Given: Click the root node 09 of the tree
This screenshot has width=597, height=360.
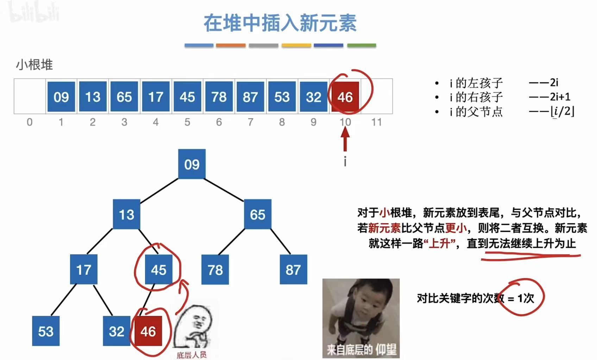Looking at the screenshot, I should click(x=192, y=164).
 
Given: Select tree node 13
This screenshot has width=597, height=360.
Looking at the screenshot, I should click(x=126, y=214).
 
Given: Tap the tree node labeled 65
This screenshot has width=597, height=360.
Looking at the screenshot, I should click(x=258, y=214).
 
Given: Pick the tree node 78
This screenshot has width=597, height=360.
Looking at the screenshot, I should click(x=215, y=270).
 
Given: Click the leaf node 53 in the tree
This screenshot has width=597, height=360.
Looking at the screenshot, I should click(x=46, y=331).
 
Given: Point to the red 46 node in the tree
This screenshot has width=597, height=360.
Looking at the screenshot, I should click(x=148, y=331).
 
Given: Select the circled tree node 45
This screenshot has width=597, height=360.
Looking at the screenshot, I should click(x=158, y=270).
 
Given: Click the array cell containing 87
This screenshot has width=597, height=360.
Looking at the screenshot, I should click(x=250, y=97).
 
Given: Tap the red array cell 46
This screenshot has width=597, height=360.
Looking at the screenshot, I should click(x=345, y=97).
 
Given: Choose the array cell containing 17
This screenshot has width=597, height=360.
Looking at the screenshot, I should click(x=156, y=97).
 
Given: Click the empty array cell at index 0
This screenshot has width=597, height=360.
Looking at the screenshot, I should click(x=30, y=96).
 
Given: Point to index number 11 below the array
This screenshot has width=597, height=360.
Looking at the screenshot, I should click(x=377, y=122).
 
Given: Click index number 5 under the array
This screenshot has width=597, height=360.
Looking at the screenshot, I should click(x=187, y=122).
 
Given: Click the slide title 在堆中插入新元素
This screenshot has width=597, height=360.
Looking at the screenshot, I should click(x=280, y=23).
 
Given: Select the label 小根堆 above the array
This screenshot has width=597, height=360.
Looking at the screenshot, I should click(x=34, y=65).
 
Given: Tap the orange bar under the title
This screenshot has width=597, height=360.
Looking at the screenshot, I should click(x=231, y=45).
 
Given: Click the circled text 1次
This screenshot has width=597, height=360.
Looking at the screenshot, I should click(x=526, y=298).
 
